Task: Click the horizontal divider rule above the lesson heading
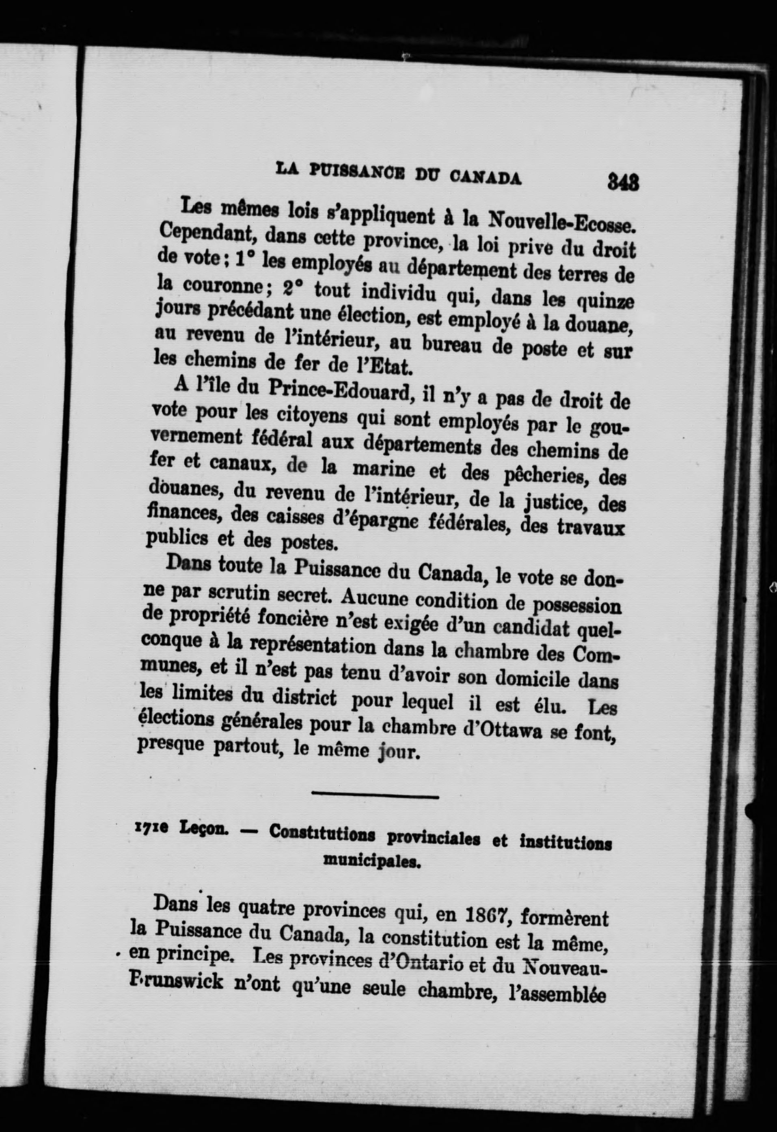pos(375,797)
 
